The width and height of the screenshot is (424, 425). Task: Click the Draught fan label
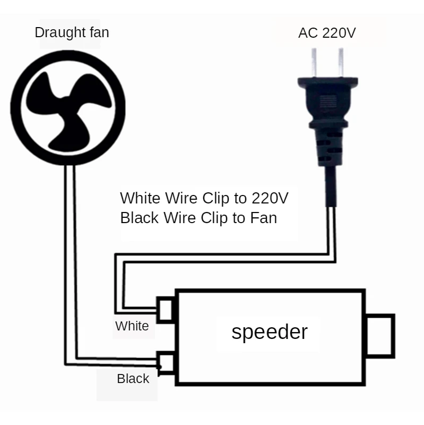[x=72, y=32]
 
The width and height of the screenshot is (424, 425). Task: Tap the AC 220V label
[x=327, y=33]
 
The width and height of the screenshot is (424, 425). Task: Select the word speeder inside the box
[x=270, y=331]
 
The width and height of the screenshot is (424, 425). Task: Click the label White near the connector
[x=132, y=326]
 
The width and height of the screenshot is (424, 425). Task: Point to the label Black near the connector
[x=133, y=378]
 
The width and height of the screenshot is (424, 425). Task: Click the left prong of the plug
[x=315, y=62]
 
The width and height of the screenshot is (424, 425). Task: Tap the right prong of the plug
[x=338, y=62]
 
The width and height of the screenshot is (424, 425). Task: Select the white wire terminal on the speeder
[x=165, y=310]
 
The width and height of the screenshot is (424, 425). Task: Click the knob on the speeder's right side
[x=380, y=336]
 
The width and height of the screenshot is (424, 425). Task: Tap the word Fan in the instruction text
[x=263, y=218]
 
